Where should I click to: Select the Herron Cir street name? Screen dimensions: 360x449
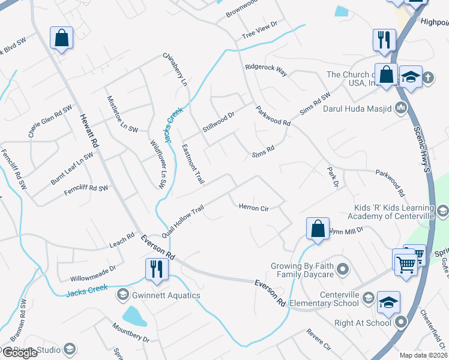tap(253, 208)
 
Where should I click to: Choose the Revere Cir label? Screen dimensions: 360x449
tap(319, 338)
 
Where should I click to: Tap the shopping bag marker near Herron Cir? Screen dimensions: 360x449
tap(318, 229)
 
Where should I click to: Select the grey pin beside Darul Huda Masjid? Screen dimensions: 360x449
tap(402, 108)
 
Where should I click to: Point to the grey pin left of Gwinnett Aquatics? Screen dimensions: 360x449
tap(123, 294)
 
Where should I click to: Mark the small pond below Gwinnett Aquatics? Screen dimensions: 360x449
tap(134, 316)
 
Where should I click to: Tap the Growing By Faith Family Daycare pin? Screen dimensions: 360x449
tap(342, 268)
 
